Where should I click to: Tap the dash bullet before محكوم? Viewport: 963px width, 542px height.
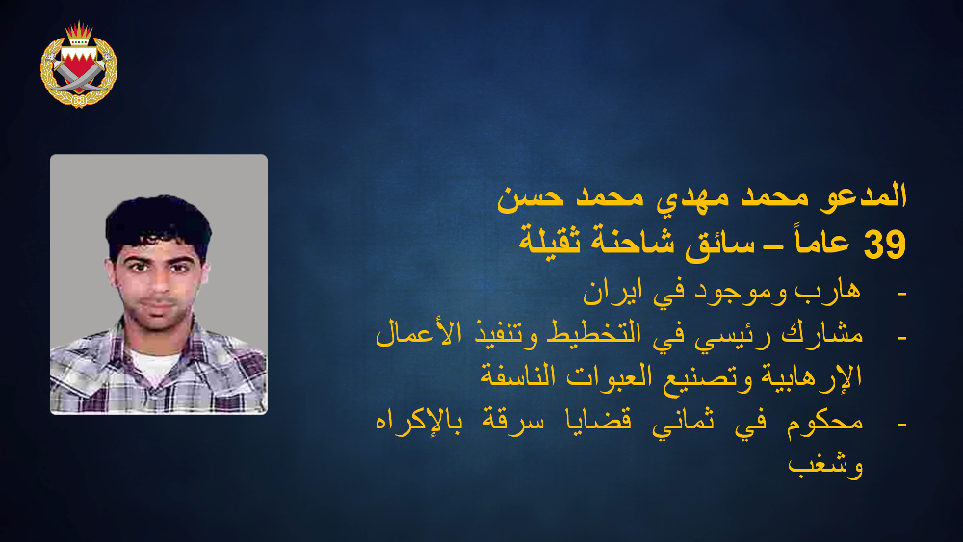click(x=901, y=425)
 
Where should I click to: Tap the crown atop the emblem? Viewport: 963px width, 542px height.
click(x=79, y=34)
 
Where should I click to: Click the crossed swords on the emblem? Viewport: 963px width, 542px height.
click(x=79, y=74)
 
